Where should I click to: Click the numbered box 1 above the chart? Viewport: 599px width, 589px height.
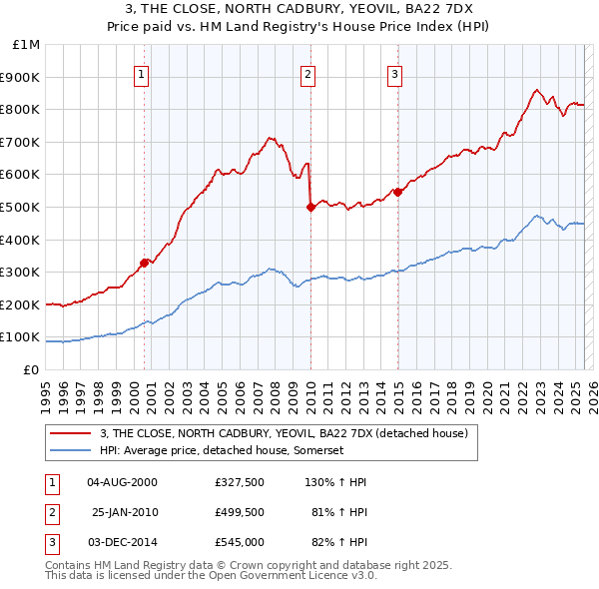[142, 74]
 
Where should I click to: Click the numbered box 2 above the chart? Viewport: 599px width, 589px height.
[307, 74]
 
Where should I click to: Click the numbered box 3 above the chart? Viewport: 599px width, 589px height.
[394, 74]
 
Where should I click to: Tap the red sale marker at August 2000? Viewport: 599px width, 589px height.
[144, 263]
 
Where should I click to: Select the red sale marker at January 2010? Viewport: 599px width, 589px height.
[310, 207]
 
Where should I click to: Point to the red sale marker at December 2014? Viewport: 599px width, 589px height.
[397, 192]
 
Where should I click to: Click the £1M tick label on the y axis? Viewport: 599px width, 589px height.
[25, 45]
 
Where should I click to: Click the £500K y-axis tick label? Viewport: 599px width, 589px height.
[21, 208]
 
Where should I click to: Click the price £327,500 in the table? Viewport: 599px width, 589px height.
[239, 482]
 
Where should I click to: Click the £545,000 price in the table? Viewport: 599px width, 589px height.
[239, 542]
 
